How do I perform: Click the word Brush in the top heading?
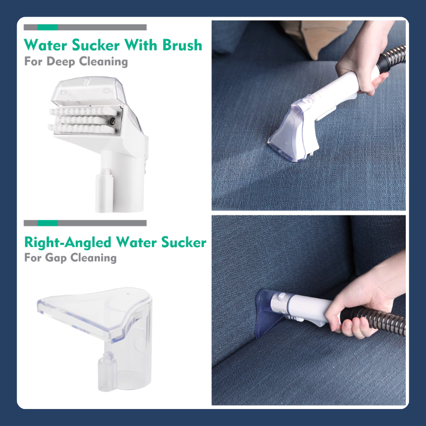182,45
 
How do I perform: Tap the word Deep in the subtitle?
61,61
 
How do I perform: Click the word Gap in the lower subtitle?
56,258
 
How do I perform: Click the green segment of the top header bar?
47,27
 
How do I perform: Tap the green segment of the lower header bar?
47,223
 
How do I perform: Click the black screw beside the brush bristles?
112,121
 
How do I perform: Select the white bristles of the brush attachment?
83,120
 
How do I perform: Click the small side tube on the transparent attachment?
108,372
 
